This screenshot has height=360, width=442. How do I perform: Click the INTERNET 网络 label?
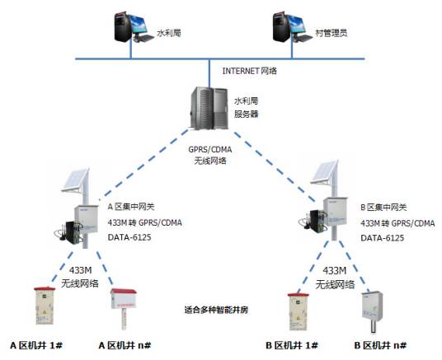(251, 70)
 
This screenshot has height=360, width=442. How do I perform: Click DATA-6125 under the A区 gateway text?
(130, 237)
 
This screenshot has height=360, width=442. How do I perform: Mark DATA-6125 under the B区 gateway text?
(383, 237)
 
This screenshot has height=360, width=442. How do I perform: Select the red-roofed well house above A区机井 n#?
(125, 306)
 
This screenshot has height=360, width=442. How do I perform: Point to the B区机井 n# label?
(379, 344)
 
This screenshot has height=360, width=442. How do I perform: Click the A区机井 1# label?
(37, 344)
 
